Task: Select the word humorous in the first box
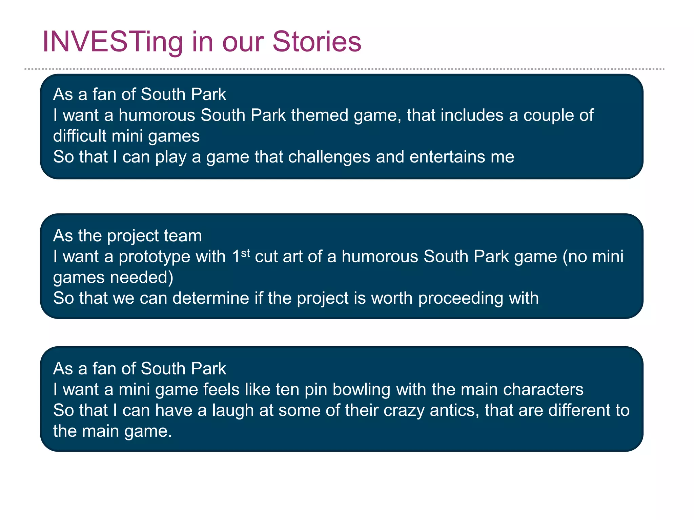[x=157, y=115]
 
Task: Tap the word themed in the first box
[x=320, y=115]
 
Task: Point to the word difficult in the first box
[x=80, y=136]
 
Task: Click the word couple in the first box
[x=548, y=116]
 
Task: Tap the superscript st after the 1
[x=245, y=253]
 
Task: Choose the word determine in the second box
[x=210, y=298]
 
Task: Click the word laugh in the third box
[x=233, y=411]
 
